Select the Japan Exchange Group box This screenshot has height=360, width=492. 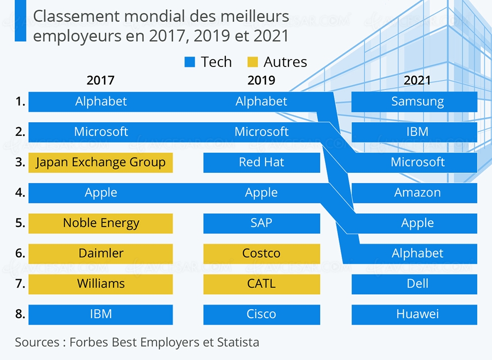100,163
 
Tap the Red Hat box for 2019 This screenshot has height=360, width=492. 261,163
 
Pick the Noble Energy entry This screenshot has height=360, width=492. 100,223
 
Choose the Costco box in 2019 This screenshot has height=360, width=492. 261,254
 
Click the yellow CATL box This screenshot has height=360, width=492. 261,284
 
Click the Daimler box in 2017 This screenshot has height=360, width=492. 100,254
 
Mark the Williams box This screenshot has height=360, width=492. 100,284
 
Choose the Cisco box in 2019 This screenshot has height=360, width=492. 261,314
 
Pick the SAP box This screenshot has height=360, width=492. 261,223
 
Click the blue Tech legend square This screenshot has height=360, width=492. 190,62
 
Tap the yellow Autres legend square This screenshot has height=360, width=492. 252,62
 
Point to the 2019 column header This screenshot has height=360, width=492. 261,80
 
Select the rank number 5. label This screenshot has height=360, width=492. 20,223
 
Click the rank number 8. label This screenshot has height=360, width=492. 20,314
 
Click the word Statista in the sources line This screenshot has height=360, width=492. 239,342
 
